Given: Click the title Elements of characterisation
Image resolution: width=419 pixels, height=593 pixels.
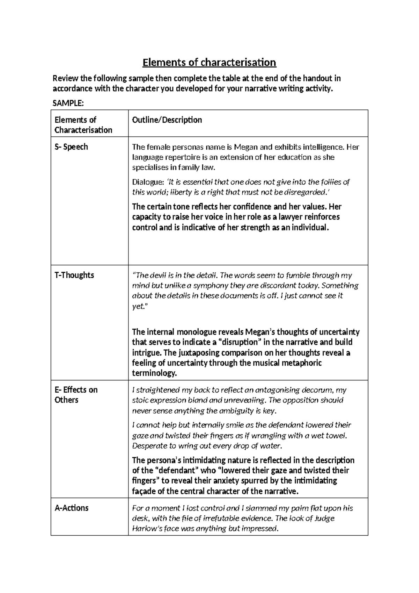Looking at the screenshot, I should click(209, 63).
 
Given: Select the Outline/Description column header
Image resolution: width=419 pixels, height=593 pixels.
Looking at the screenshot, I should click(167, 120).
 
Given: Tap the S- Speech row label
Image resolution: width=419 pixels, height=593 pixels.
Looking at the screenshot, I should click(71, 147).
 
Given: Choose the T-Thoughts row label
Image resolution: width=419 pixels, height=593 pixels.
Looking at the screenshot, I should click(74, 275).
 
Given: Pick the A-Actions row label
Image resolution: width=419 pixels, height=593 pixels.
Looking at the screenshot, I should click(71, 508).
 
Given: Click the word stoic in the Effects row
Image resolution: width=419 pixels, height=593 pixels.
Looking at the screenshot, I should click(140, 400).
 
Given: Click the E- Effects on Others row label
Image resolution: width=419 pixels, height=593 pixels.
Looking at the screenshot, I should click(76, 395).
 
